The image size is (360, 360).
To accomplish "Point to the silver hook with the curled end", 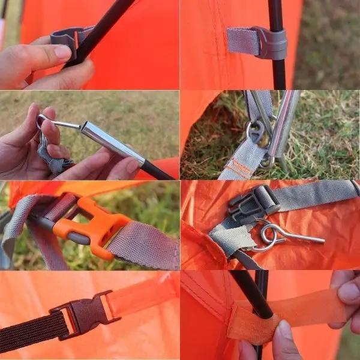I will (x=282, y=235).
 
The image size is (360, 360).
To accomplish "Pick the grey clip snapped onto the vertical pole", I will (x=270, y=43).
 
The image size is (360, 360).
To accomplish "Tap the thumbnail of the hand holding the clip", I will (x=61, y=52).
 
